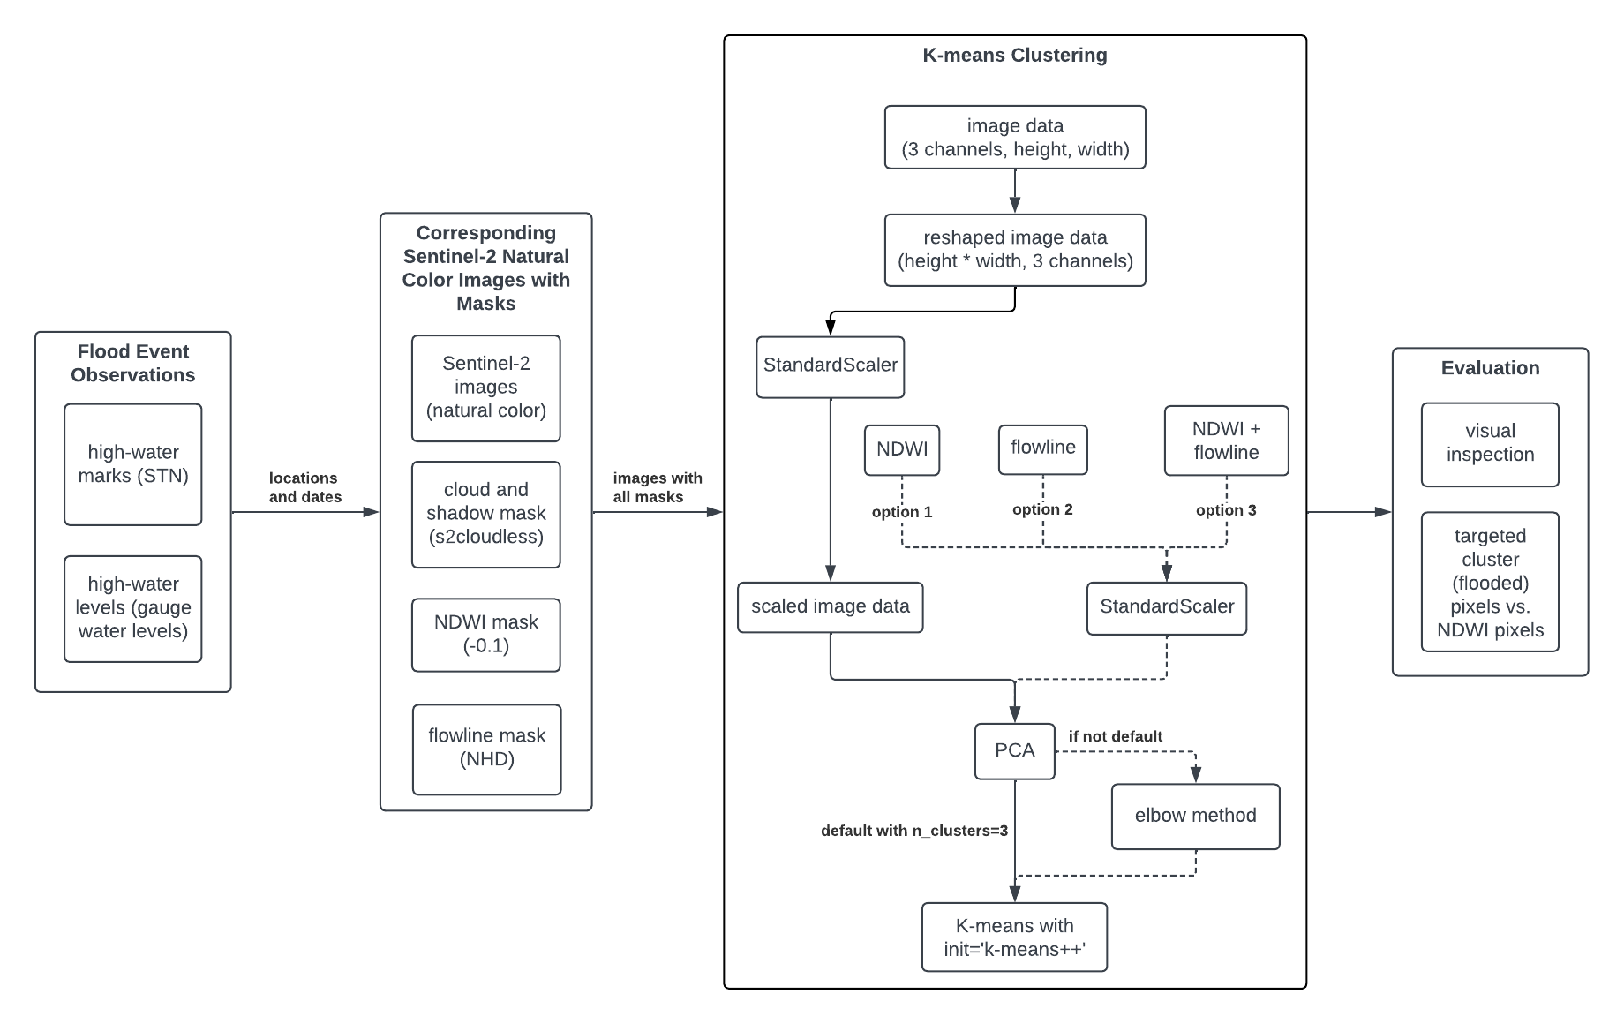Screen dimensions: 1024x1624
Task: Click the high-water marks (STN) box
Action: point(132,464)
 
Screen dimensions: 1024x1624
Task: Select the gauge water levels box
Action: point(132,608)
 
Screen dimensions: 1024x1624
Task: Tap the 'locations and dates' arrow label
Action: point(304,487)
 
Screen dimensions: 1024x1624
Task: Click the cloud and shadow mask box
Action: point(485,514)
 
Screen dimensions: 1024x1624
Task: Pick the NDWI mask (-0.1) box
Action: point(485,634)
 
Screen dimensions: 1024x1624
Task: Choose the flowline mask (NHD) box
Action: point(486,749)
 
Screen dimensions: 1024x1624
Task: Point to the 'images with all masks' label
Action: point(657,487)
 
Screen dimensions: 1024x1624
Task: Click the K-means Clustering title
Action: point(1014,55)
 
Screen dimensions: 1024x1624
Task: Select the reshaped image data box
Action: point(1015,250)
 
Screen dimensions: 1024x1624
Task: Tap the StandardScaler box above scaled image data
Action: point(830,365)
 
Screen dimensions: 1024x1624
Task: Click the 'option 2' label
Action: point(1042,509)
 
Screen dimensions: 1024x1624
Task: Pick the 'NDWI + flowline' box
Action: point(1226,440)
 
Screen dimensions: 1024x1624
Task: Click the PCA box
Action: point(1014,750)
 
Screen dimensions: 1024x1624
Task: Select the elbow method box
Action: point(1195,816)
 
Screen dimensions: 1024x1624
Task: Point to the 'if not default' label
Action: point(1115,736)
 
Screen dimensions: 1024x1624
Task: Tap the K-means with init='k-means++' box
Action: point(1014,937)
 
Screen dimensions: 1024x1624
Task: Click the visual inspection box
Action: point(1489,444)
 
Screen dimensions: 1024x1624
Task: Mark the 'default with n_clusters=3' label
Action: point(913,831)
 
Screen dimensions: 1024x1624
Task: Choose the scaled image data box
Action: point(830,606)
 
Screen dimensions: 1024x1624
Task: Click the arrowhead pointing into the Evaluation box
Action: point(1383,512)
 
